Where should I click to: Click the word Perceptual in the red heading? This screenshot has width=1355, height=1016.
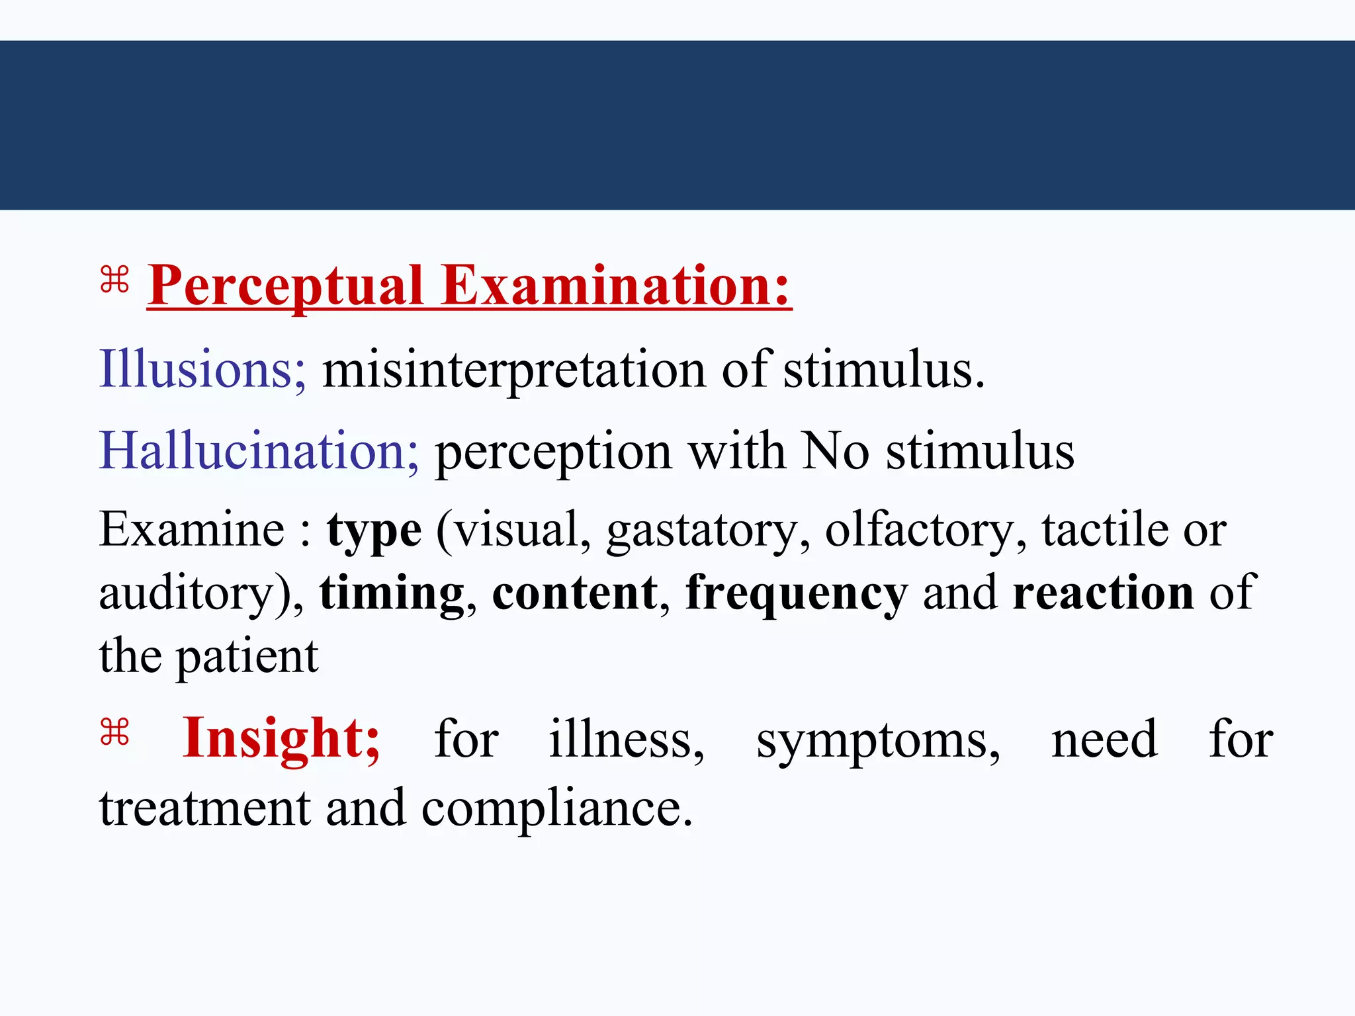coord(285,286)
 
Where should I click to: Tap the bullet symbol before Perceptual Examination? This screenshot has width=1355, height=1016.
coord(114,279)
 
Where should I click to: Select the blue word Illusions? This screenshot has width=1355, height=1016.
coord(202,369)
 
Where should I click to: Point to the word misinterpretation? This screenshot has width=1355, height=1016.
coord(513,370)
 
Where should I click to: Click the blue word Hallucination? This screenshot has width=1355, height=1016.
coord(259,451)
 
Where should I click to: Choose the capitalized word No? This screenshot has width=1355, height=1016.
coord(835,451)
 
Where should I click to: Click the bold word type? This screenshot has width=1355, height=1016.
coord(374,532)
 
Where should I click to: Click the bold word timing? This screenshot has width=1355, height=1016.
coord(392,594)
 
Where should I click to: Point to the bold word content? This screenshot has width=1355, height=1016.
coord(575,593)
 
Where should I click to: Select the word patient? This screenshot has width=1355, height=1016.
coord(247,657)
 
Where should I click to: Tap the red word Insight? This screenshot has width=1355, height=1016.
coord(281,739)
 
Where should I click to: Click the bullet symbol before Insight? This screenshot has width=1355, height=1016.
coord(114,732)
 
